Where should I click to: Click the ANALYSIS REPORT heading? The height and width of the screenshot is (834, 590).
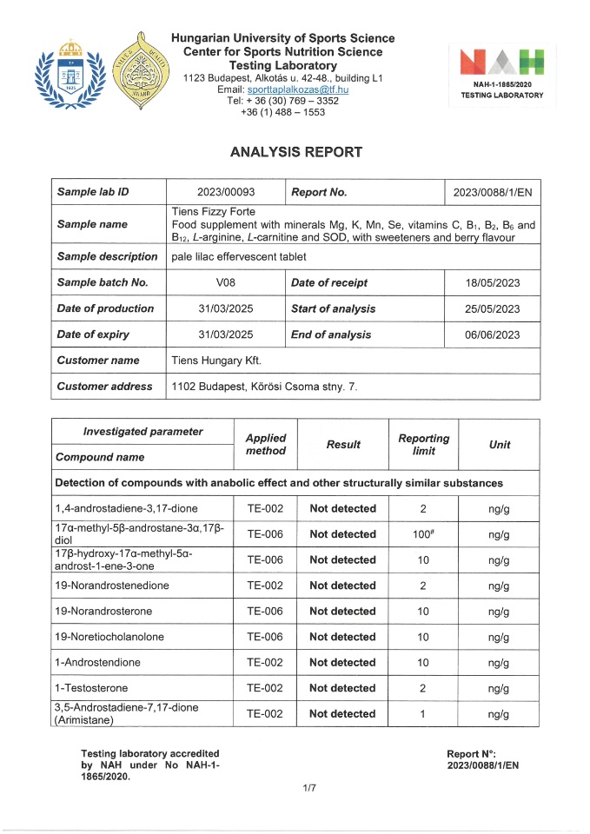click(295, 152)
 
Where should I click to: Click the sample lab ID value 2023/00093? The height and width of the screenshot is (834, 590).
click(225, 192)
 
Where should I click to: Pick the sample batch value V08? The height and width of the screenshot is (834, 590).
click(225, 282)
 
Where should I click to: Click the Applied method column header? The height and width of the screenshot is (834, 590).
click(265, 445)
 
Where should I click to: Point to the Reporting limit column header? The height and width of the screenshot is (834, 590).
click(423, 445)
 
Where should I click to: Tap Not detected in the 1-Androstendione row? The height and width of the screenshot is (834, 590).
click(342, 663)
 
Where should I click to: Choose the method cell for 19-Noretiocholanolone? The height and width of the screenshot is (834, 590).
click(265, 637)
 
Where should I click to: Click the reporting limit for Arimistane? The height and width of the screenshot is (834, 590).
click(423, 714)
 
